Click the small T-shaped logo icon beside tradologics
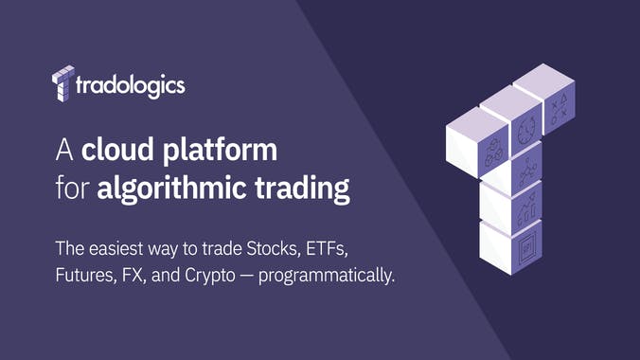62,83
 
